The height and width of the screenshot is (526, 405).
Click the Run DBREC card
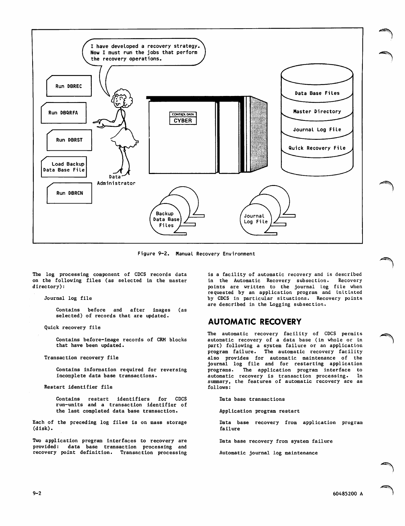click(69, 86)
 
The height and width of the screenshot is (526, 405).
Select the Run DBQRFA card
click(63, 113)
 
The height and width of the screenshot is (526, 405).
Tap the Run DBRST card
click(69, 140)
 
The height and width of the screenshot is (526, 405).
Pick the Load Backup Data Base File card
click(64, 167)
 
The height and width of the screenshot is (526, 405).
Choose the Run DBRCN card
click(69, 193)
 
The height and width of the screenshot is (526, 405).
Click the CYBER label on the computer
click(183, 121)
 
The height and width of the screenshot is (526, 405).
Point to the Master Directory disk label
click(317, 112)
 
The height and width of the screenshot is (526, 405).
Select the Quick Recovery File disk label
click(317, 148)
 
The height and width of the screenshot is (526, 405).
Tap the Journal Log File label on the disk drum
click(317, 130)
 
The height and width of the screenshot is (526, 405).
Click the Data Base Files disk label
click(317, 93)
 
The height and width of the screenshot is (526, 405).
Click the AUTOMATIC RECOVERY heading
click(255, 322)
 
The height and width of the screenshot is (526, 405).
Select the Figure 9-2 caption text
click(196, 254)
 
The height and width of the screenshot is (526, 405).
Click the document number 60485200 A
click(348, 494)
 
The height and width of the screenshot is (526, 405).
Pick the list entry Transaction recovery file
click(81, 358)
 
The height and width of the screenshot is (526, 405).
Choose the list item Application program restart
click(259, 411)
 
